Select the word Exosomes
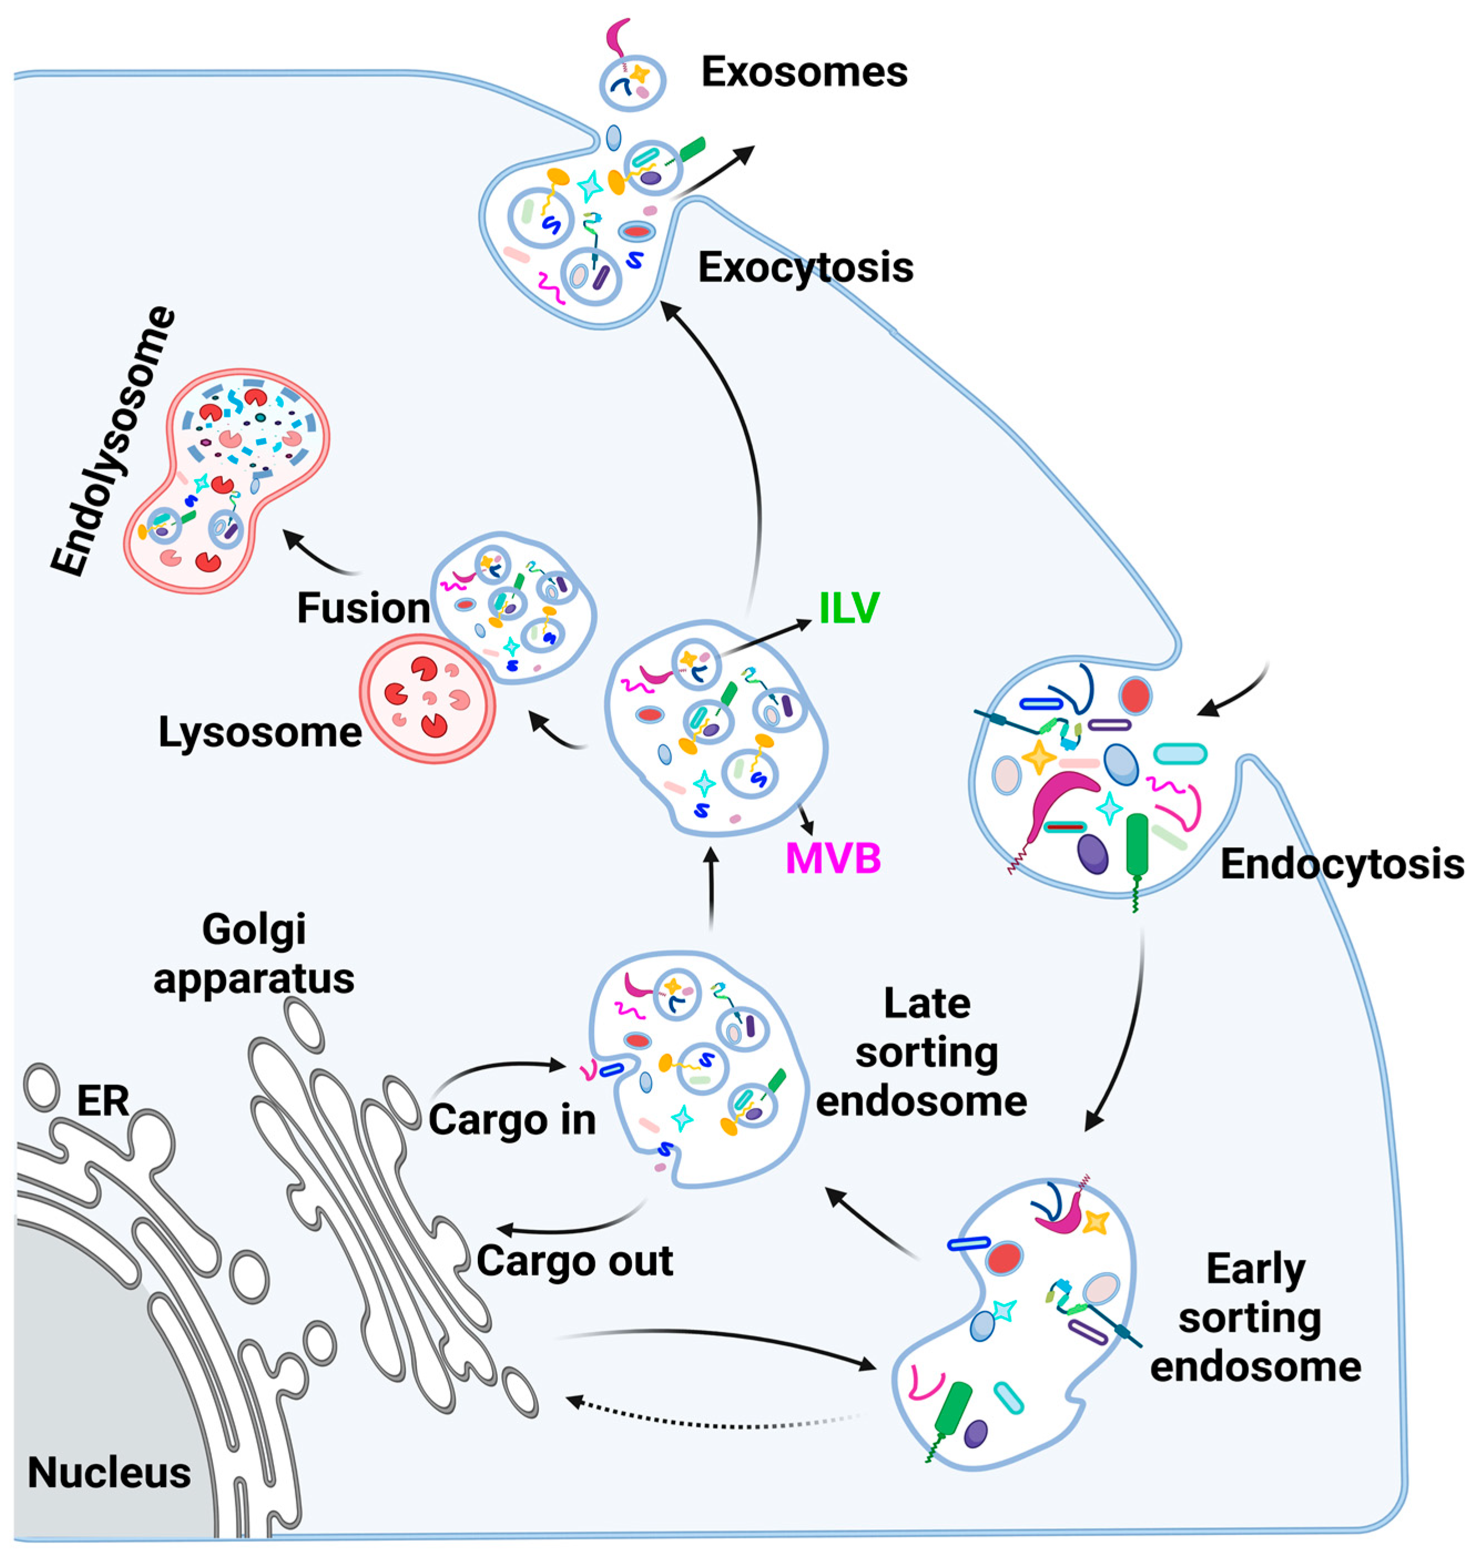click(804, 72)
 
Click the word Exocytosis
click(805, 268)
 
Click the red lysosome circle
click(427, 697)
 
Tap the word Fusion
click(363, 608)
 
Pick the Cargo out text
click(574, 1261)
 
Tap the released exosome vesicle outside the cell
click(633, 82)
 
